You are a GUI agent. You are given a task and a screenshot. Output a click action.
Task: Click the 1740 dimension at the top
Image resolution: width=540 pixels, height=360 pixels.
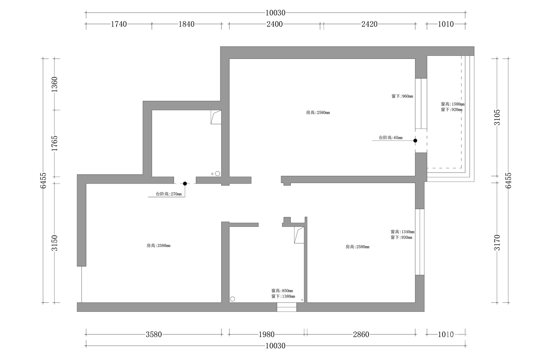(119, 24)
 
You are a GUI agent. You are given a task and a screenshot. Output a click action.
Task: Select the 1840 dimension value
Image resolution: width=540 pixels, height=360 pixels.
(186, 24)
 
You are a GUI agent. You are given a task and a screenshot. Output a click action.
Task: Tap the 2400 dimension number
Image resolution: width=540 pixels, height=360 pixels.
(274, 24)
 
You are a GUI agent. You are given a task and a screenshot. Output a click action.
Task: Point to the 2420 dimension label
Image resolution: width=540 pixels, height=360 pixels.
(369, 24)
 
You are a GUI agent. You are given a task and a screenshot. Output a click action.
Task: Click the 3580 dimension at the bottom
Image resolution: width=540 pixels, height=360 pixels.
(154, 334)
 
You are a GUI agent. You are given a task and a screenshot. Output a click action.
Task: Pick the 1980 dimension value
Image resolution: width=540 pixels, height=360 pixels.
(266, 334)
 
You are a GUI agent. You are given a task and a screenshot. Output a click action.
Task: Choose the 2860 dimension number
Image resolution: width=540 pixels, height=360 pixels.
(361, 334)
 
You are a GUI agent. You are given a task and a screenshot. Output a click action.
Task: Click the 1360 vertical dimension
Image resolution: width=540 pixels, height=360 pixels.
(55, 85)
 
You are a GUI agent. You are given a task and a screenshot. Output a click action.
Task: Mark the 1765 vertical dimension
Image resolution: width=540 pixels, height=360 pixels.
(55, 144)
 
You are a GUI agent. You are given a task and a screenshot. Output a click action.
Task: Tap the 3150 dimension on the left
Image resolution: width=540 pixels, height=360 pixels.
(55, 243)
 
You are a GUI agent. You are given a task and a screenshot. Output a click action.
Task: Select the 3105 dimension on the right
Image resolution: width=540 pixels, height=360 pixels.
(497, 117)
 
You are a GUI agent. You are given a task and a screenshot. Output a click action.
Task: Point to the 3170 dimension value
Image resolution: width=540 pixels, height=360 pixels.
(497, 243)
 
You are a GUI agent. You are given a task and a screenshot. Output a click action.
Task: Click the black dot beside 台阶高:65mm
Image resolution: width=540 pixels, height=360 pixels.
(415, 140)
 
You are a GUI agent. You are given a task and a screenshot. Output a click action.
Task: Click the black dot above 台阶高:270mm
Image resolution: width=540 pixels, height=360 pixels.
(185, 184)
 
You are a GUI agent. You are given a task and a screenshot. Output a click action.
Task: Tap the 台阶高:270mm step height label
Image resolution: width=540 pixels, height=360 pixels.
(169, 194)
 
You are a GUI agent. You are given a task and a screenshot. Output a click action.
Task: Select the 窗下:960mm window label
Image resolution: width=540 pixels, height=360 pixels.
(402, 96)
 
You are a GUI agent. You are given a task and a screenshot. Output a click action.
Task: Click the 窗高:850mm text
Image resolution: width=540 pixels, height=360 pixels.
(282, 291)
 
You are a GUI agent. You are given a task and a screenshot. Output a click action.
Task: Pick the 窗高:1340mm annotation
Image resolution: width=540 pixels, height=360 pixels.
(403, 232)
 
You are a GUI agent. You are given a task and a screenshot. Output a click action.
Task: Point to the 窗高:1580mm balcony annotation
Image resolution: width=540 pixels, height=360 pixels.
(453, 104)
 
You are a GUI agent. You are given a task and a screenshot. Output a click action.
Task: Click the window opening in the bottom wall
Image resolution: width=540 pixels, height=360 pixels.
(287, 307)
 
